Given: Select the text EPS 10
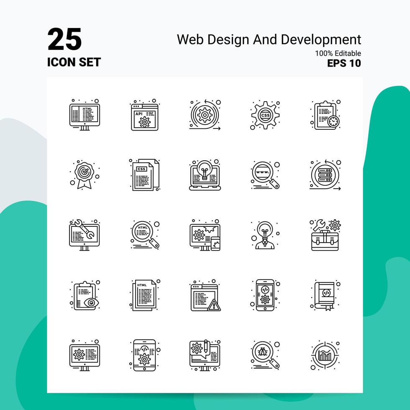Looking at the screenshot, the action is tap(344, 63).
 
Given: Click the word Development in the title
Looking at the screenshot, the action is tap(321, 40).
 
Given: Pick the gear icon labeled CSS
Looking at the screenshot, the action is tap(265, 115).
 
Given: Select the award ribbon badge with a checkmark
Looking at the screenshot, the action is tap(84, 174).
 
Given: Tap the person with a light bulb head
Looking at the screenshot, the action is tap(265, 235).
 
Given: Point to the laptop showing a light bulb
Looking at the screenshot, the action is tap(205, 174).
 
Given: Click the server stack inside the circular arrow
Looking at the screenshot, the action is tap(325, 175).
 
